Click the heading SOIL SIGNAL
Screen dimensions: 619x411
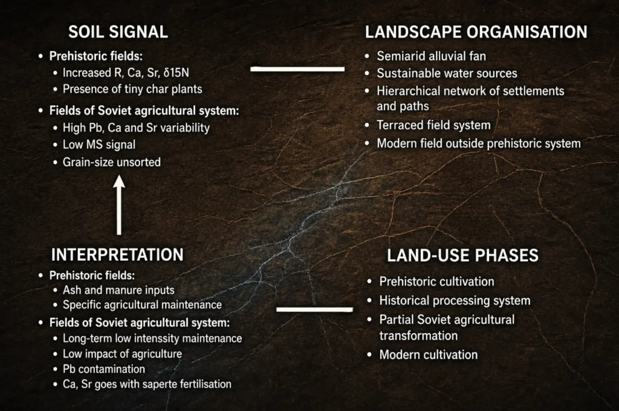118,32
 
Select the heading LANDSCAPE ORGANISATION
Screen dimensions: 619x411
476,32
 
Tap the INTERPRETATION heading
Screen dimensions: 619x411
117,255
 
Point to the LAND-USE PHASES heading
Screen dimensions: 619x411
462,255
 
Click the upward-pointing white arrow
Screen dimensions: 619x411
119,205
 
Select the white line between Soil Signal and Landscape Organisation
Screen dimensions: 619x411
297,69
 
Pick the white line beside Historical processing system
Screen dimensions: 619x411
314,309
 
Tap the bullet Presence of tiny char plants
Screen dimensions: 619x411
132,90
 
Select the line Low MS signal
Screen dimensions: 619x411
99,145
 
